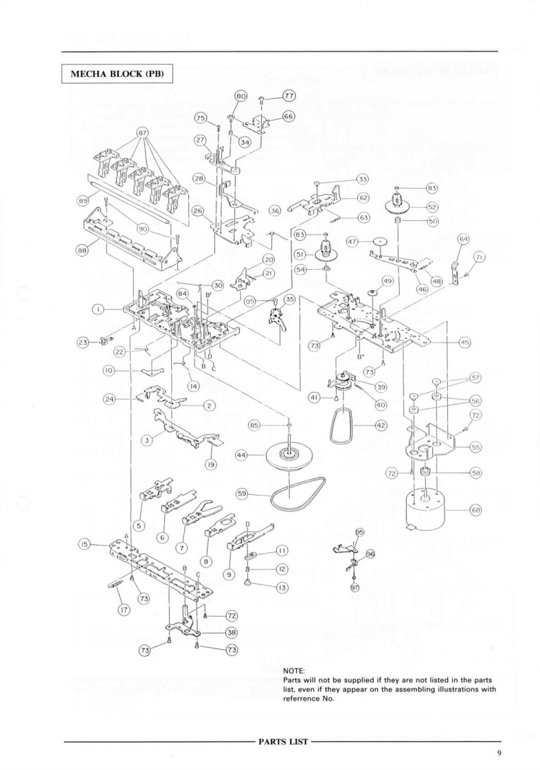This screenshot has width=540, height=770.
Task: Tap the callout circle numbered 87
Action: [x=142, y=132]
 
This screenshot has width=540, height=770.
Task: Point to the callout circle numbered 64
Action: [x=464, y=239]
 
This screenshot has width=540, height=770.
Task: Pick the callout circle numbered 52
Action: [x=433, y=207]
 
